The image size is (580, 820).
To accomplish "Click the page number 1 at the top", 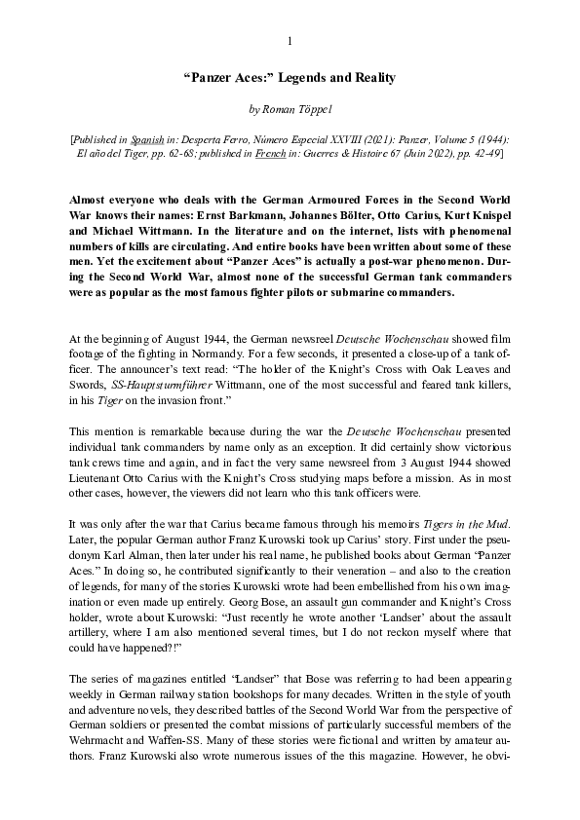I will coord(290,40).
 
